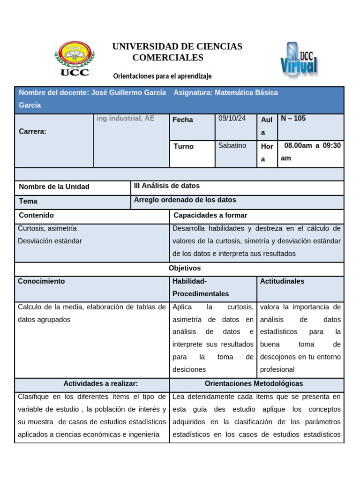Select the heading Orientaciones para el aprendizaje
tap(163, 76)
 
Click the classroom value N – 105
tap(293, 119)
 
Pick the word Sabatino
tap(232, 145)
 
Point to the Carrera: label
tap(32, 131)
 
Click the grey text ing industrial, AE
tap(125, 119)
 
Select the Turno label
tap(183, 146)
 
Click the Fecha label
tap(182, 120)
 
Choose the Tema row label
tap(28, 201)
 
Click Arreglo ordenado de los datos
tap(185, 200)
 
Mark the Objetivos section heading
tap(184, 268)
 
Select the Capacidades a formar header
tap(210, 215)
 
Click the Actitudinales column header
tap(282, 281)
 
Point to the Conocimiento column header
tap(41, 281)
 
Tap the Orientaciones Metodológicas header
tap(254, 383)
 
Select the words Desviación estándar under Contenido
tap(50, 241)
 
